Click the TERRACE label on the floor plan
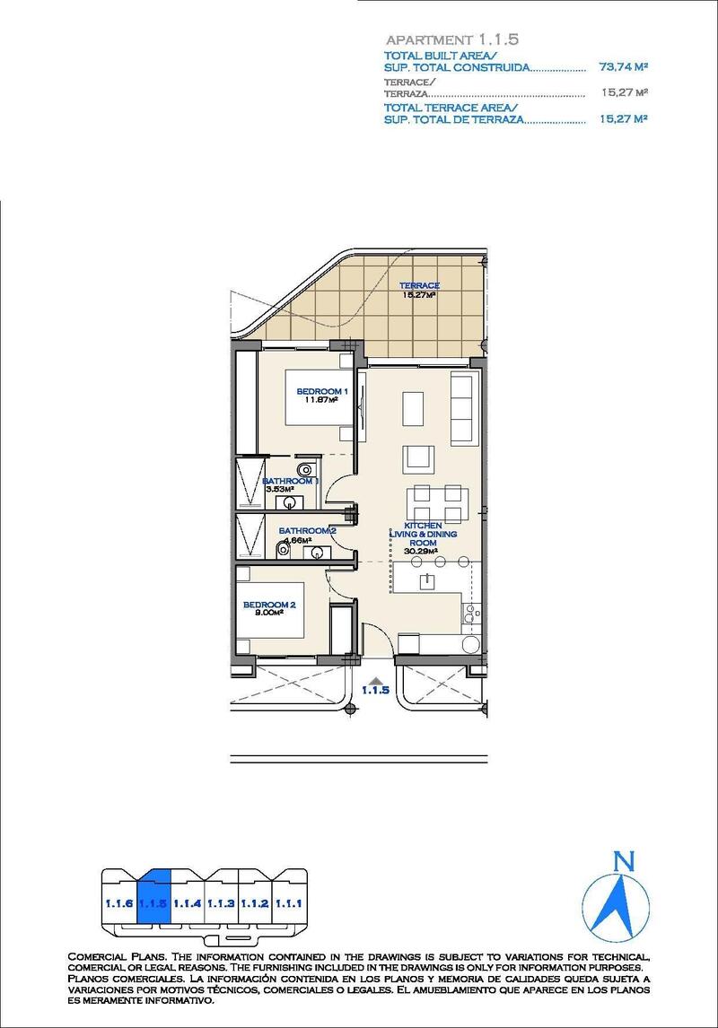tap(419, 285)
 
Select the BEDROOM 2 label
tap(268, 605)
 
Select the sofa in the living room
tap(461, 404)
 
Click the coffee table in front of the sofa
tap(415, 408)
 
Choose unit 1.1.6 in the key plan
tap(118, 904)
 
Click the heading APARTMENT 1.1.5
tap(451, 40)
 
